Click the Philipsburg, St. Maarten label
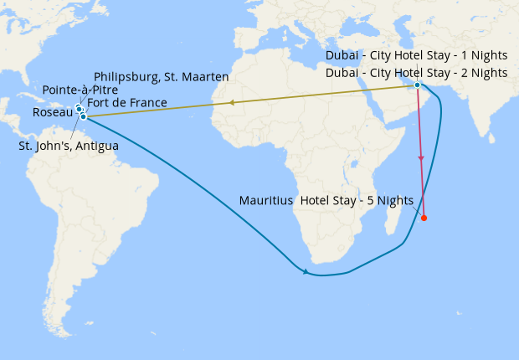tap(162, 76)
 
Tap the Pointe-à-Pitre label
tap(80, 90)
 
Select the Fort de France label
tap(126, 103)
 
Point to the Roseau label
tap(52, 112)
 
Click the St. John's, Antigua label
tap(69, 146)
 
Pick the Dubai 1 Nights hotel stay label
tap(416, 55)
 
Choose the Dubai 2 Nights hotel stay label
tap(416, 73)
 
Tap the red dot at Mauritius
tap(424, 219)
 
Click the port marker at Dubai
tap(417, 85)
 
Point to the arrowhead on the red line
tap(421, 157)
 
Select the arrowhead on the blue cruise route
tap(306, 271)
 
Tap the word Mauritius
tap(265, 201)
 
